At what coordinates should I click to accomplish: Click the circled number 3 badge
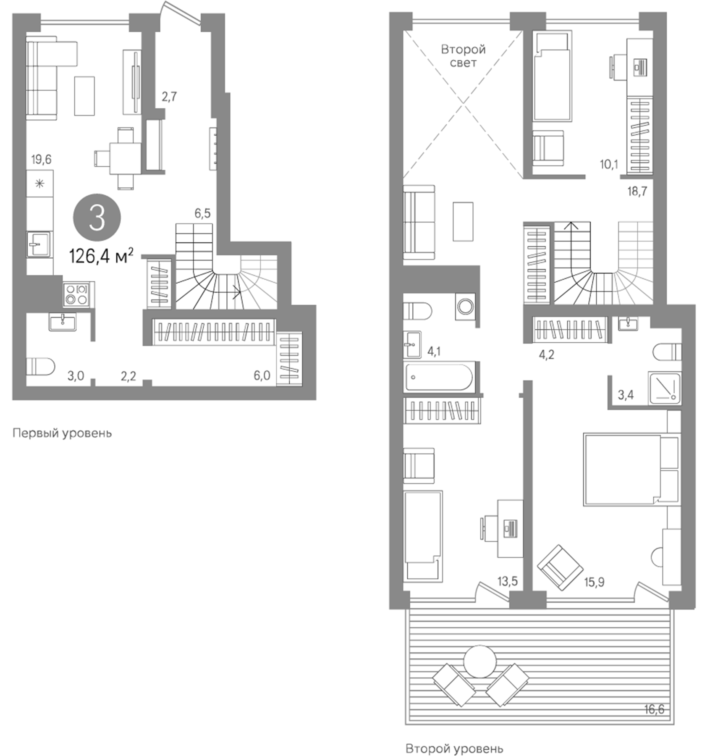(x=97, y=218)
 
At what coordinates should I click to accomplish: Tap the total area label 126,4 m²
(x=101, y=256)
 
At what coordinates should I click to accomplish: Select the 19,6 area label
(x=41, y=160)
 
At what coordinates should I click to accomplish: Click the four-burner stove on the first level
(x=76, y=294)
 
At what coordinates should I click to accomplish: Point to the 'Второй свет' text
(x=463, y=56)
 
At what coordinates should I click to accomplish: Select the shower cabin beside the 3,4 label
(x=664, y=388)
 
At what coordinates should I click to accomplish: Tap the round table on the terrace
(x=479, y=661)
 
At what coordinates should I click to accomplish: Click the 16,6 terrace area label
(x=654, y=709)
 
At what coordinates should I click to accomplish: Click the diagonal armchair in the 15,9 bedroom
(x=560, y=568)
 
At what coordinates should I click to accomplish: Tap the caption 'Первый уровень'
(x=62, y=433)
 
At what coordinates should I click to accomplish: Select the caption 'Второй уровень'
(x=454, y=748)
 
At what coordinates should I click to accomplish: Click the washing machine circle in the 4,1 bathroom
(x=465, y=306)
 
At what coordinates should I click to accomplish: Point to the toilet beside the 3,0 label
(x=40, y=367)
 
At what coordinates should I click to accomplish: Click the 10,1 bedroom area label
(x=609, y=164)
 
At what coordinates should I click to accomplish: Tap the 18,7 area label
(x=637, y=192)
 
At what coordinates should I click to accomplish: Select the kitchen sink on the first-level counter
(x=39, y=244)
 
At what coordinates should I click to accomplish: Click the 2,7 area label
(x=169, y=97)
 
